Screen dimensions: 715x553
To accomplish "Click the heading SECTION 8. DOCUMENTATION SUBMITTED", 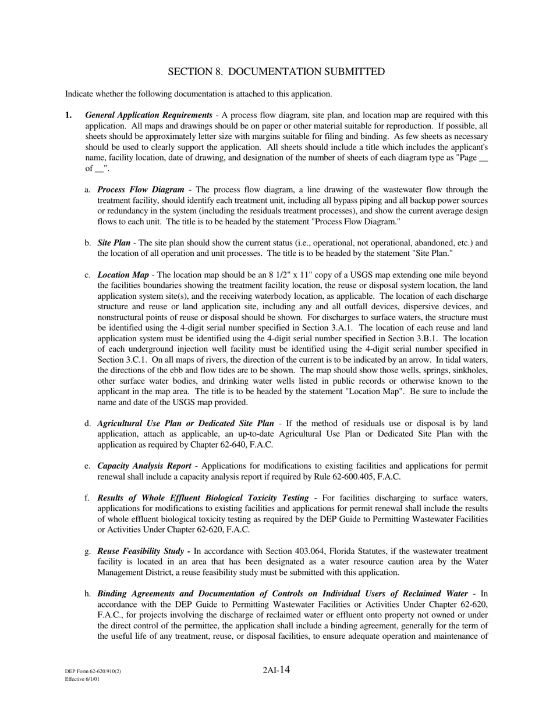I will click(276, 71).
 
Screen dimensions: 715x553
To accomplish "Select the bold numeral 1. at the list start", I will click(69, 115).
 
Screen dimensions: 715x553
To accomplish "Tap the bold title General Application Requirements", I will click(148, 115).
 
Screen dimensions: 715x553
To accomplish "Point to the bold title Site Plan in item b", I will click(114, 243).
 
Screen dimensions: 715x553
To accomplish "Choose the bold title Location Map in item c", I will click(123, 275).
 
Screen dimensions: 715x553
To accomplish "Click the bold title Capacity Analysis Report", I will click(144, 466).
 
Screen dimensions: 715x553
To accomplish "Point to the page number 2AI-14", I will click(276, 670).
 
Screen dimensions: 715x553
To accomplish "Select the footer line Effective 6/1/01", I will click(82, 679).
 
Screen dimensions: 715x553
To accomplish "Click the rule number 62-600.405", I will click(337, 477).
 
